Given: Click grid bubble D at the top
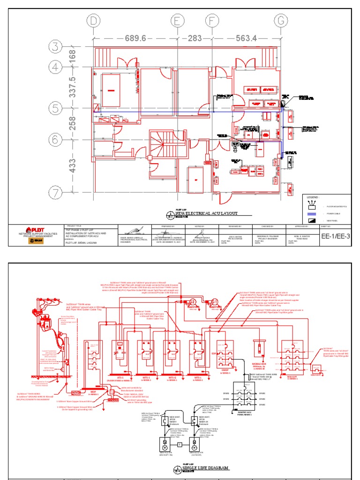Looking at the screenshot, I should point(95,21).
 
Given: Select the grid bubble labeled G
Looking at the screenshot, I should point(281,21).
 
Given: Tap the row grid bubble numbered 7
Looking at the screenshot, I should point(57,193).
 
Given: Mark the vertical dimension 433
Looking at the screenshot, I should point(73,165).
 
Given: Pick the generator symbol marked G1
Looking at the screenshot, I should point(215,302).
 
